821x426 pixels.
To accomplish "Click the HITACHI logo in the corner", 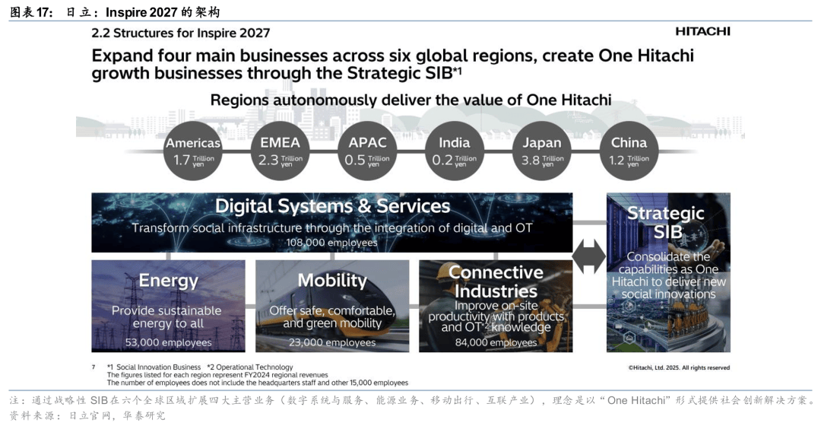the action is pos(702,31).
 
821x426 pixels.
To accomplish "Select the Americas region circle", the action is pos(193,151).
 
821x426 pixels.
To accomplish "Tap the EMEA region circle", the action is pos(280,151).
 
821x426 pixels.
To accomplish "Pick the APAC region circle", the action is pos(368,151).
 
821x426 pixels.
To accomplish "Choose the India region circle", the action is pos(455,151).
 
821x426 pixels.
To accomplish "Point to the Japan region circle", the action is pos(542,151).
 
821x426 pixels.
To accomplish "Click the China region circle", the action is pos(629,151).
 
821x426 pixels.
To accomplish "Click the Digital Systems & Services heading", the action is pos(332,206).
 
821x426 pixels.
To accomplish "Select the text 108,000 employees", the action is pos(331,243).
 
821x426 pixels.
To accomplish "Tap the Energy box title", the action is pos(168,281).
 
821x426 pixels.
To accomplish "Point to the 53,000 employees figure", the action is pos(168,342).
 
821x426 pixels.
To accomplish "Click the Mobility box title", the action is pos(332,281).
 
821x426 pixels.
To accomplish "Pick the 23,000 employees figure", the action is pos(332,342).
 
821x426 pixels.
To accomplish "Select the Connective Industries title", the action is pos(496,281).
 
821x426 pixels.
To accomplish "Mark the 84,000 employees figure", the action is pos(496,342).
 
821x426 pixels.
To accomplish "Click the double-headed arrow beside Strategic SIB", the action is pos(589,256).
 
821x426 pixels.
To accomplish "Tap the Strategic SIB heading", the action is pos(666,223).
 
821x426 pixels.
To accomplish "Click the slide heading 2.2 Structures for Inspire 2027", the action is pos(181,33).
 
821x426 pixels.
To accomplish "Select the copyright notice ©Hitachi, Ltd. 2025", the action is pos(679,368).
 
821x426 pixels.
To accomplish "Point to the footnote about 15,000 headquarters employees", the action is pos(257,383).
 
